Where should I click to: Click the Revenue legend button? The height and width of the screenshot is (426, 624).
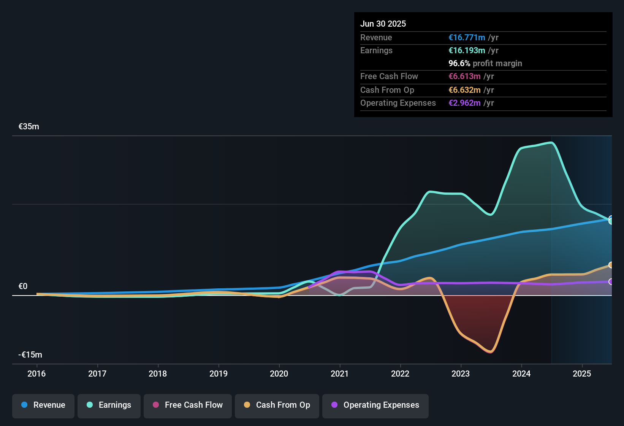tap(43, 405)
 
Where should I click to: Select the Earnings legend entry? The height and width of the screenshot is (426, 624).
tap(109, 405)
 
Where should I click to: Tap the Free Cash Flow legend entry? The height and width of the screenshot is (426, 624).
tap(188, 405)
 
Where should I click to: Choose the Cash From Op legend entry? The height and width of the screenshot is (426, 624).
tap(277, 405)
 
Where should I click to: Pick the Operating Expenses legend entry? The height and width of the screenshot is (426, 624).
tap(375, 405)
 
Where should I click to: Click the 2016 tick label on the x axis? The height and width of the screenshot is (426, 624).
tap(36, 374)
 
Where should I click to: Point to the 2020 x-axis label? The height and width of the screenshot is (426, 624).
tap(279, 374)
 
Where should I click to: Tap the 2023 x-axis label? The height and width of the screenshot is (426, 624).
tap(461, 374)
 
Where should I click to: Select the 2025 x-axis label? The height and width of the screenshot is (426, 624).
tap(582, 374)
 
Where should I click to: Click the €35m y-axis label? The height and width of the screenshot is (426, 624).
tap(29, 127)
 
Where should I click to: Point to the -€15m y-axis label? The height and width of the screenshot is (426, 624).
tap(30, 355)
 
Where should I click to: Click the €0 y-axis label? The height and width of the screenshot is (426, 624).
tap(23, 286)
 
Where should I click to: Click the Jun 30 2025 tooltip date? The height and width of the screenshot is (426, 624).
tap(383, 24)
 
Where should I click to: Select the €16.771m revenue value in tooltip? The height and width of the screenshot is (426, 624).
tap(467, 37)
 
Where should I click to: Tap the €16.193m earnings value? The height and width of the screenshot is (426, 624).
tap(467, 50)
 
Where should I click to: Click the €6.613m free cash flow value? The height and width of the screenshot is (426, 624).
tap(464, 76)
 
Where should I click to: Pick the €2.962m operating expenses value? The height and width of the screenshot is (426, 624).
tap(464, 103)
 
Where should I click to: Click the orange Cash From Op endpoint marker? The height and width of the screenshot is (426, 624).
tap(611, 265)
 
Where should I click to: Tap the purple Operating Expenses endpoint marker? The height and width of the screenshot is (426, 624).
tap(611, 281)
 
